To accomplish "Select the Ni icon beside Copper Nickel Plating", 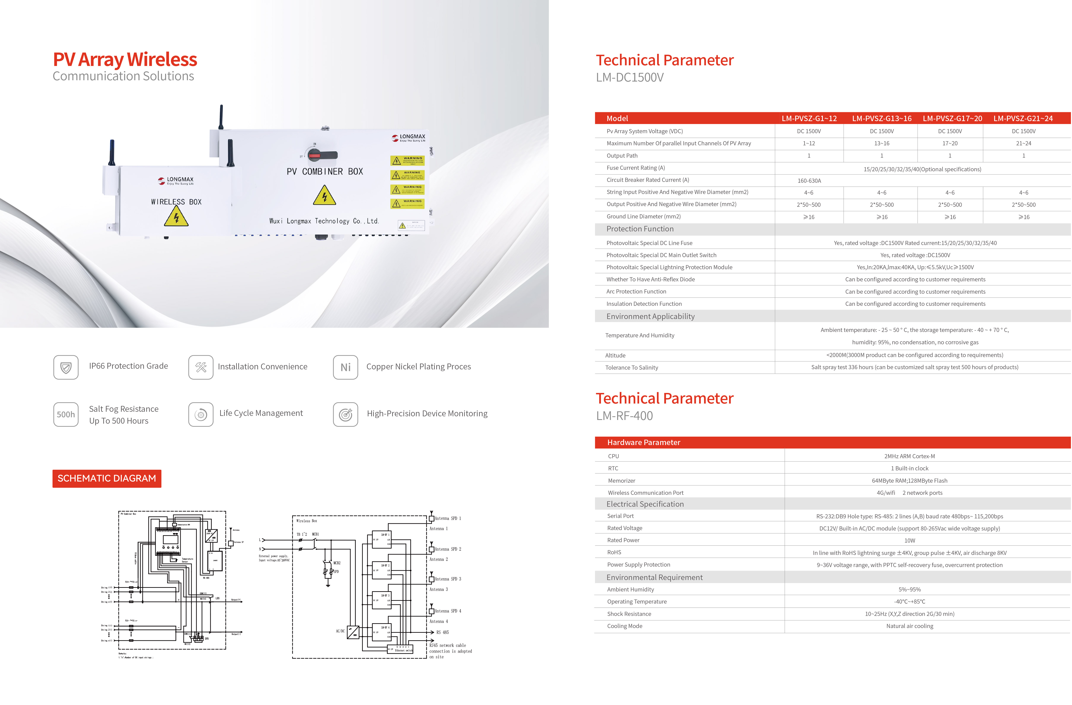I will pyautogui.click(x=346, y=367).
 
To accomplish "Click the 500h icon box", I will pyautogui.click(x=66, y=414).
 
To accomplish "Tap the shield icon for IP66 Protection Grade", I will pyautogui.click(x=66, y=367).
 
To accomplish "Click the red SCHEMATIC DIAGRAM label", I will pyautogui.click(x=107, y=478).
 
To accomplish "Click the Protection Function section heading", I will pyautogui.click(x=640, y=229).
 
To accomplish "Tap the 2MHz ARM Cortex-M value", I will pyautogui.click(x=910, y=456).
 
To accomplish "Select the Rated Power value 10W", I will pyautogui.click(x=910, y=540).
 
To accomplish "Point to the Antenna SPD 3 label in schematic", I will pyautogui.click(x=448, y=579).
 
